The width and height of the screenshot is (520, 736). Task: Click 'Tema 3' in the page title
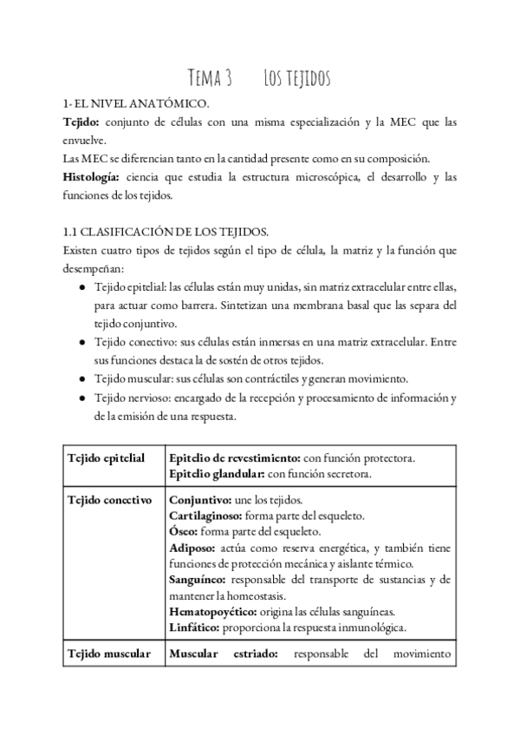tap(211, 79)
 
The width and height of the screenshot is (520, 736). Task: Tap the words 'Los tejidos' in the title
tap(296, 79)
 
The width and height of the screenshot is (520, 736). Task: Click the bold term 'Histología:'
tap(91, 177)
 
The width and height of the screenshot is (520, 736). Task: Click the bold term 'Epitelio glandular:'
tap(217, 474)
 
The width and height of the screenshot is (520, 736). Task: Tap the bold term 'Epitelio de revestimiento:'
tap(235, 457)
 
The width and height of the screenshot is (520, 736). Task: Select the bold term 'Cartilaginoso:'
tap(206, 516)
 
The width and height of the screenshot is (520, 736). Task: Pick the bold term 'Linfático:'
tap(195, 627)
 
